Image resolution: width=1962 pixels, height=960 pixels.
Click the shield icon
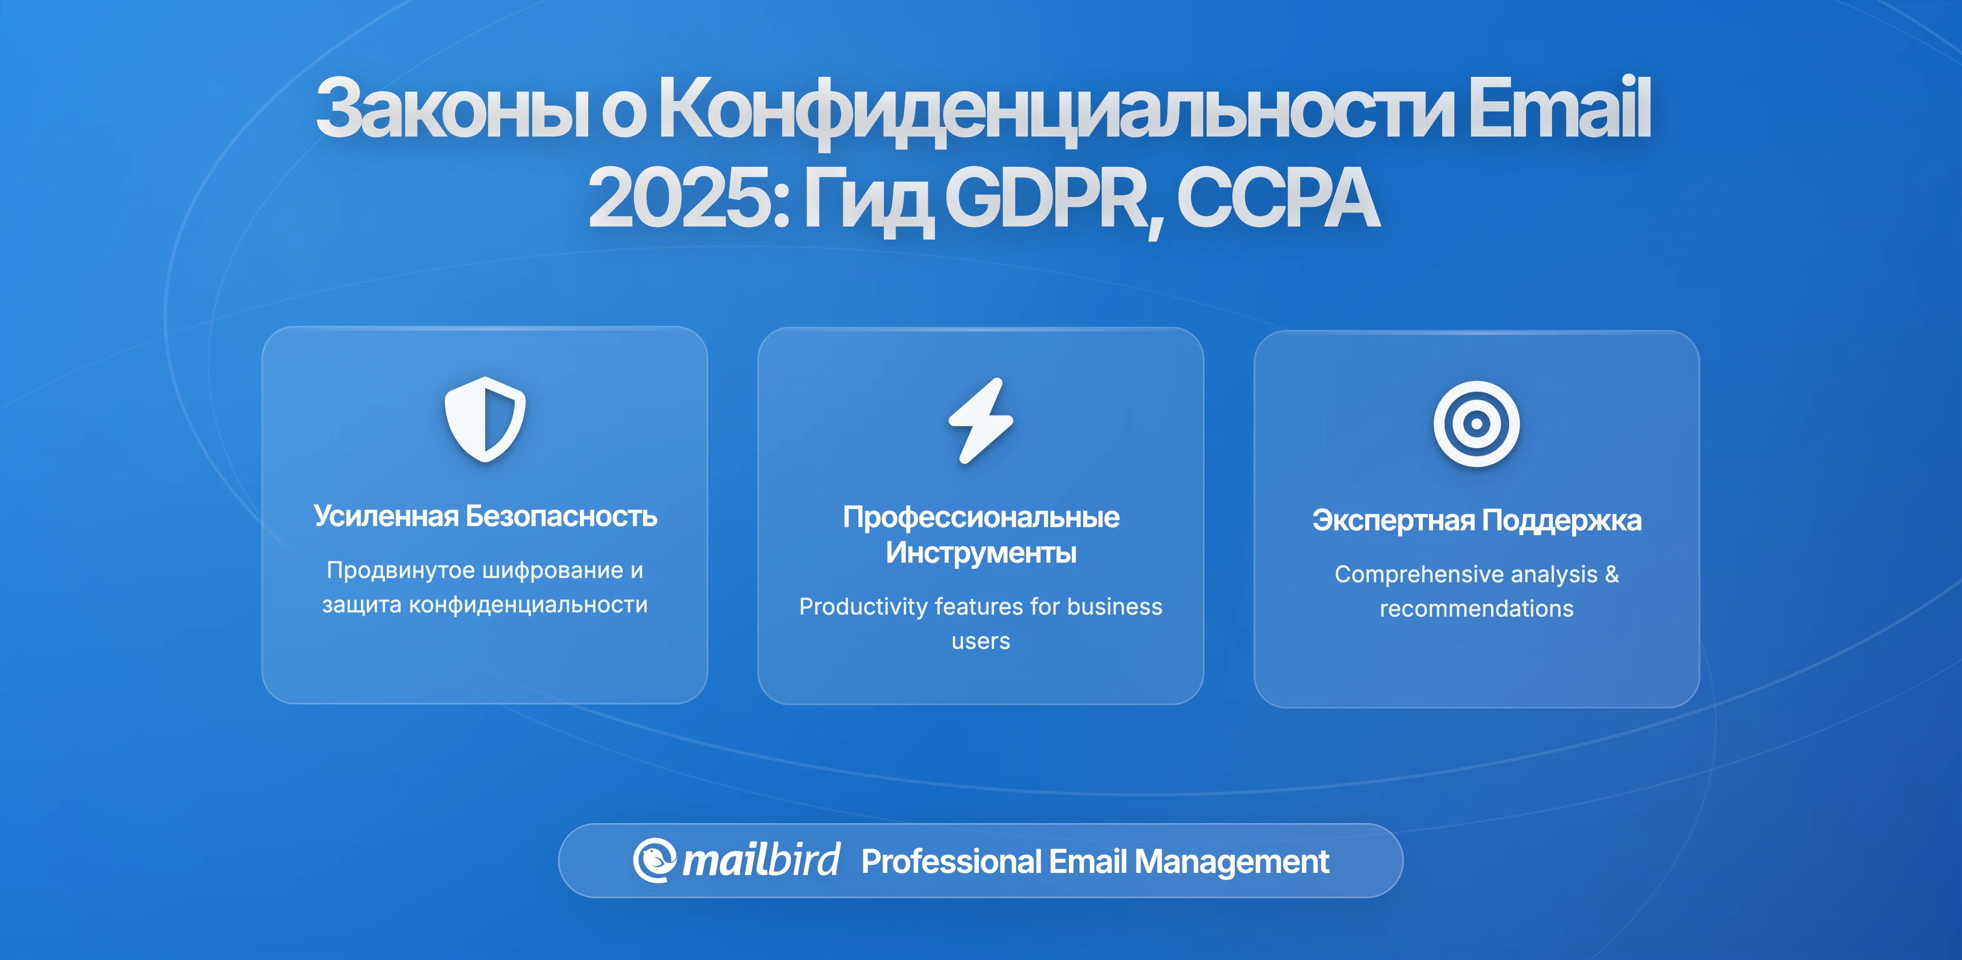(485, 419)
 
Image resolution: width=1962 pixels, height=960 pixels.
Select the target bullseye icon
(1476, 424)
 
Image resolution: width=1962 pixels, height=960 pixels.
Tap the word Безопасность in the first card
(561, 516)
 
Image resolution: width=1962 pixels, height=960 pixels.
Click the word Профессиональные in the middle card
(981, 517)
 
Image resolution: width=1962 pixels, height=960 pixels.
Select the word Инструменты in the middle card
(981, 552)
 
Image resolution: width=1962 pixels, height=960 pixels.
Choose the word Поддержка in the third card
(1561, 521)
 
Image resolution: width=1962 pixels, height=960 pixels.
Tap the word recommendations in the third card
(1476, 609)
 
